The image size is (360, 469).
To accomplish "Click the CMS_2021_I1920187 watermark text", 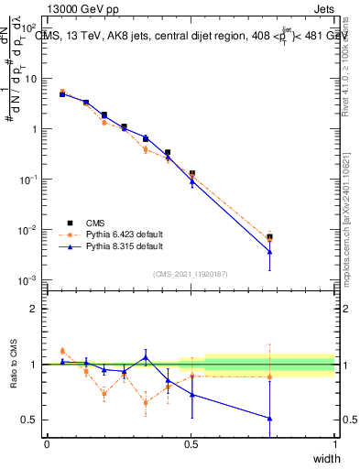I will click(190, 273).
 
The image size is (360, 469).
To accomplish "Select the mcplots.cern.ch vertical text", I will click(350, 238).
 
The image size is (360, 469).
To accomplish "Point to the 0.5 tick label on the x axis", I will click(191, 444).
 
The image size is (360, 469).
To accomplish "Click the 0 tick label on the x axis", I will click(46, 444).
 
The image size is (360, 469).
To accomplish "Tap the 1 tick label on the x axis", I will click(335, 444).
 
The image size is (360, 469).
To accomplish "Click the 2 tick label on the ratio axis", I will click(33, 309).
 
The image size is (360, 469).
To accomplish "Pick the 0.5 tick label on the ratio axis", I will click(29, 420).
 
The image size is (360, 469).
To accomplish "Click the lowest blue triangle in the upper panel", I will click(269, 253).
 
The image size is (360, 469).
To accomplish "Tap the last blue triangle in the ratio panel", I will click(269, 418).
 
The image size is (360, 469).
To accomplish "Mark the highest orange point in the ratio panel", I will click(62, 351).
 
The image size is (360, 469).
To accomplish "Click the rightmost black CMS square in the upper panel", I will click(269, 236).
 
